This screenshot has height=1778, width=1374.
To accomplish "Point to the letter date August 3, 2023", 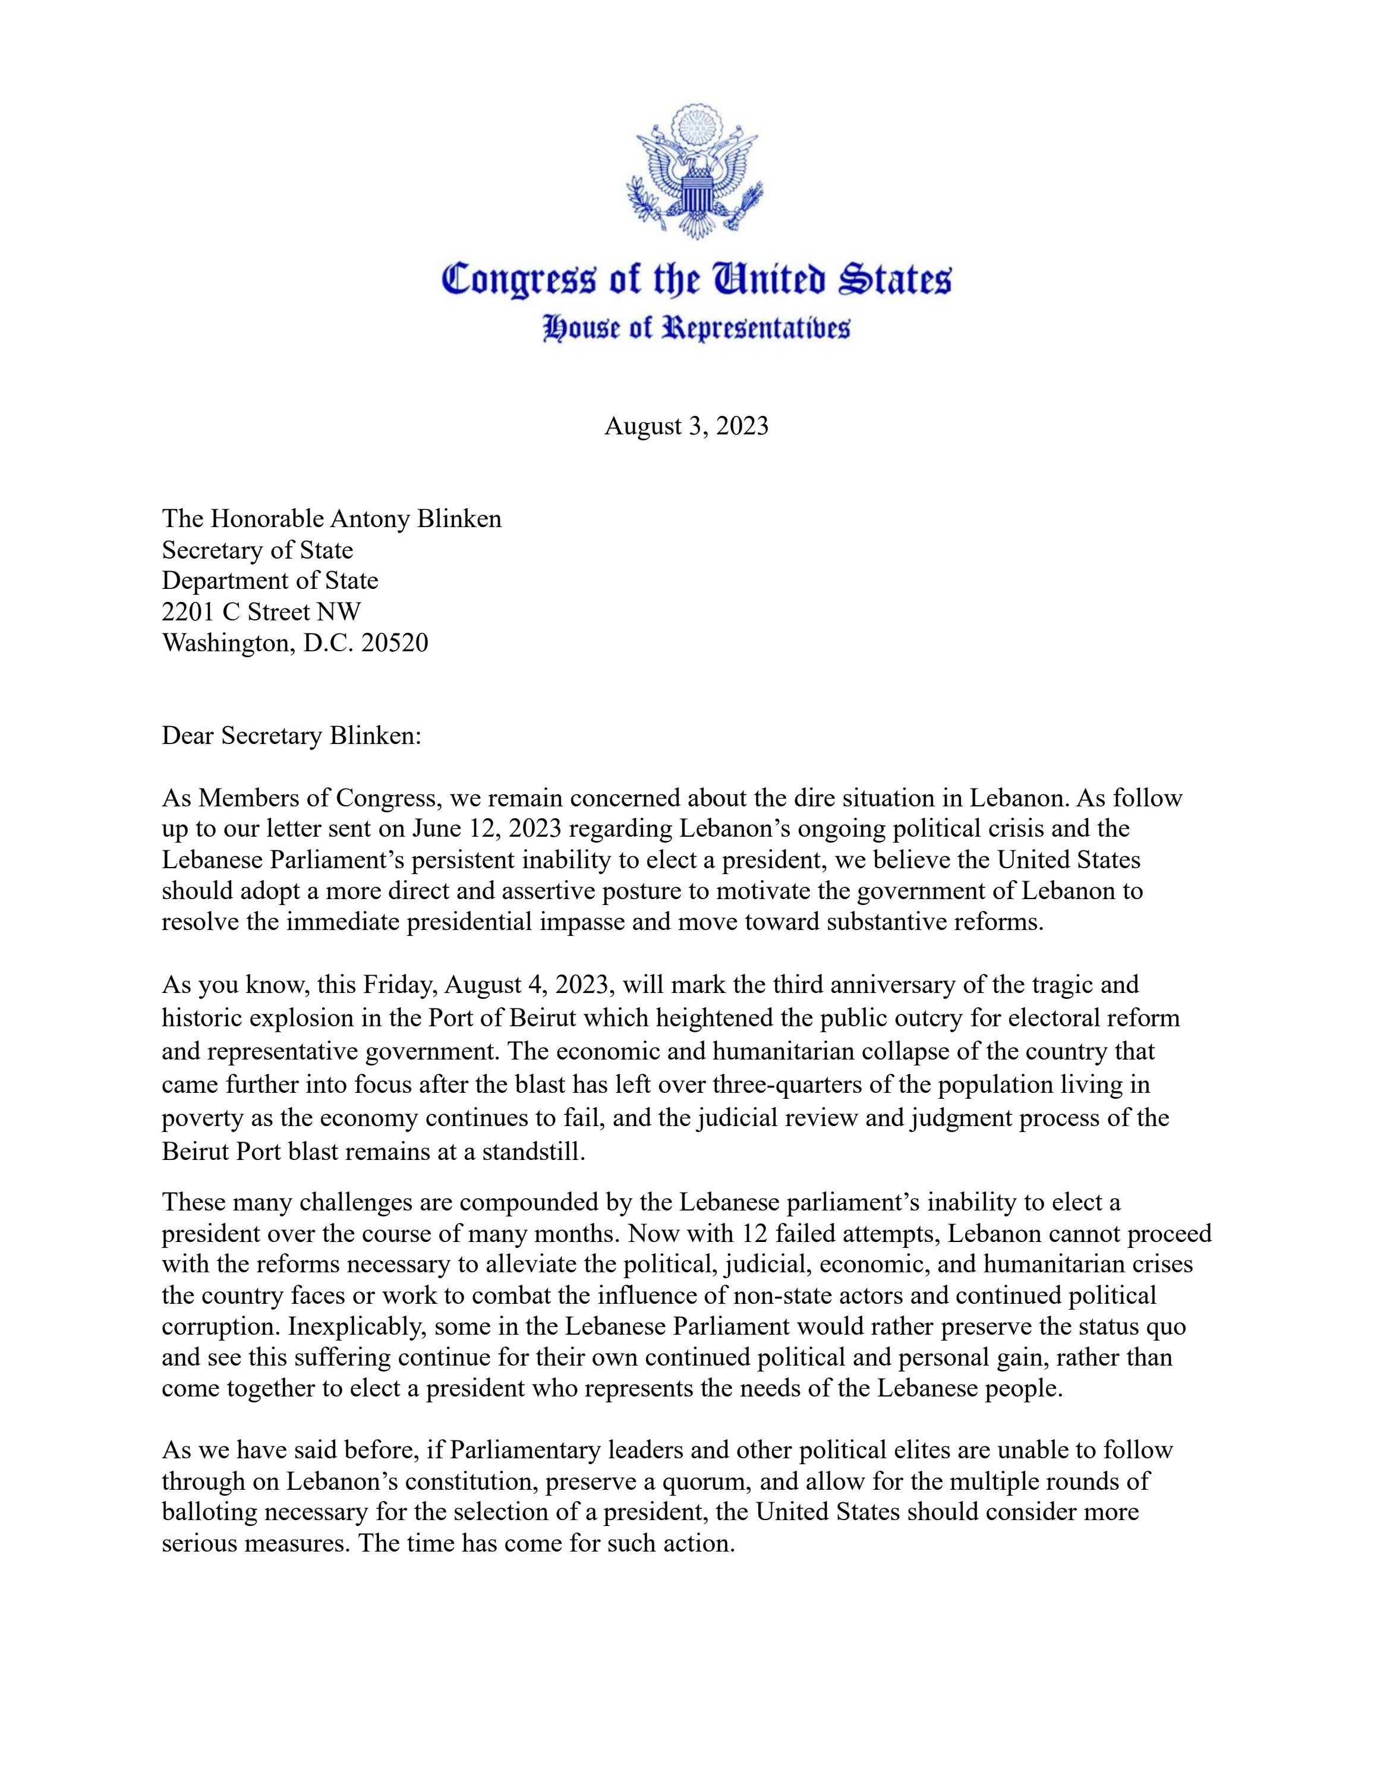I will click(686, 427).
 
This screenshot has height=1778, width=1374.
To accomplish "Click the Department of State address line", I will click(270, 581).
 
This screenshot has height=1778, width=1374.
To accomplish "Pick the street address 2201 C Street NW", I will click(261, 611).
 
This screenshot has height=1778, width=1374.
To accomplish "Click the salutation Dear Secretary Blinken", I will click(291, 735).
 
